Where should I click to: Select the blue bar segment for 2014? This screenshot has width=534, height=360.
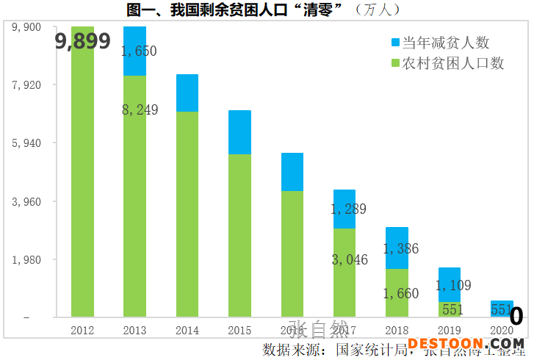(187, 93)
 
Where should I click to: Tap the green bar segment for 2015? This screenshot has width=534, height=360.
(239, 235)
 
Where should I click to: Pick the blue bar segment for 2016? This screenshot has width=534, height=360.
(292, 172)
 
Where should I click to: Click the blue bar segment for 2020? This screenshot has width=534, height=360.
(502, 306)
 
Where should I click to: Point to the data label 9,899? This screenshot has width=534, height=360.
(83, 42)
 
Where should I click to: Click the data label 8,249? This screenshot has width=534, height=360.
(140, 109)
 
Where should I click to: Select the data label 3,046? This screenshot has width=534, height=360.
(350, 259)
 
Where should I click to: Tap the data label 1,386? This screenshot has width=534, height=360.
(401, 248)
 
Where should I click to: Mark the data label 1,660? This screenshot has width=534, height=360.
(401, 294)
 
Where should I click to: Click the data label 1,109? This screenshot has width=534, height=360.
(453, 285)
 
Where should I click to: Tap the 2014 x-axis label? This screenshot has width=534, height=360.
(187, 331)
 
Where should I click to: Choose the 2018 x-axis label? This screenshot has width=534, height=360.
(397, 331)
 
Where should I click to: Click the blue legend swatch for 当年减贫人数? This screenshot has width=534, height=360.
(396, 43)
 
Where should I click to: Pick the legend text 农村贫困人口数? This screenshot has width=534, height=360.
(453, 63)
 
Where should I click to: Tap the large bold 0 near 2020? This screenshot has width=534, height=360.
(516, 316)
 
